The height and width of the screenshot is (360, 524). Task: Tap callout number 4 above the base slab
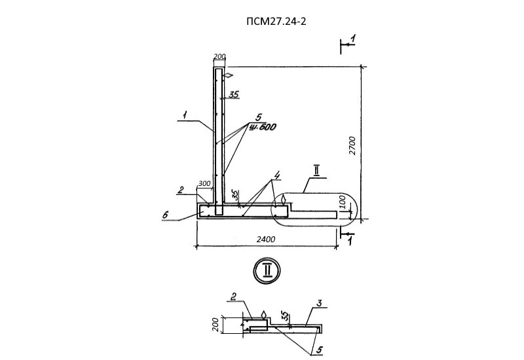click(x=278, y=176)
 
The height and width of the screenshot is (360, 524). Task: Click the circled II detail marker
click(x=267, y=270)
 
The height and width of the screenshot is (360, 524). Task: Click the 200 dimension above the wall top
click(x=219, y=58)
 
